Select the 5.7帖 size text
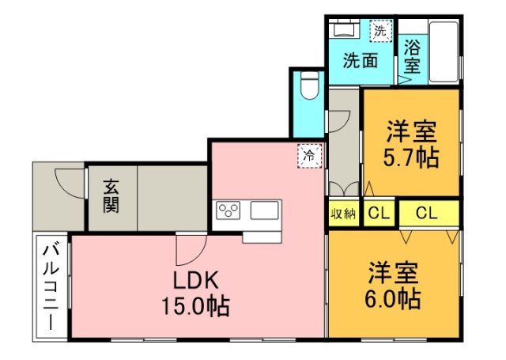(412, 157)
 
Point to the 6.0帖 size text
(393, 299)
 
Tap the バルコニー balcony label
(51, 288)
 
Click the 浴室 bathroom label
(411, 56)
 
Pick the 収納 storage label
(343, 213)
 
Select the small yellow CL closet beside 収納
(379, 213)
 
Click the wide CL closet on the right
(428, 213)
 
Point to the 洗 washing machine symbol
(381, 32)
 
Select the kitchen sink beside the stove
(264, 211)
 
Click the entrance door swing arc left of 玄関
(69, 184)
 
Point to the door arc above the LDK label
(188, 250)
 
